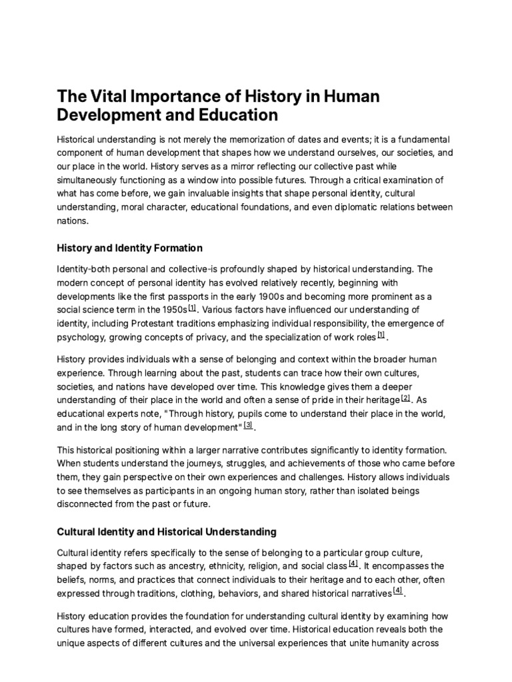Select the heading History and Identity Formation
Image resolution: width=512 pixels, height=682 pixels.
tap(130, 248)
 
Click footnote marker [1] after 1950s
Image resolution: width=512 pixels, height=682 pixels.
tap(193, 308)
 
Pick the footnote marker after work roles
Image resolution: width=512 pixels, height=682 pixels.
tap(381, 335)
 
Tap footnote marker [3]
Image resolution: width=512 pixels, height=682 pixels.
tap(248, 424)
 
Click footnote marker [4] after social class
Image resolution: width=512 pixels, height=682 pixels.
tap(353, 563)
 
